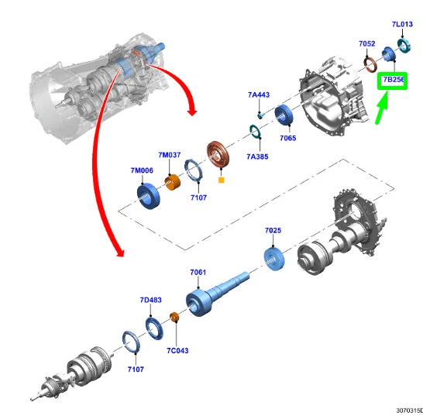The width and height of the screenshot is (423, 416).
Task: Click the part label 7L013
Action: [x=402, y=24]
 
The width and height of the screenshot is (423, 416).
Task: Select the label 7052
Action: [x=367, y=43]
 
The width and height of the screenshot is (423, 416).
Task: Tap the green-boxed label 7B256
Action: [x=394, y=80]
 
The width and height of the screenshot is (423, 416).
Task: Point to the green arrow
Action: [x=382, y=108]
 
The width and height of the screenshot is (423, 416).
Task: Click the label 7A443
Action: [x=259, y=95]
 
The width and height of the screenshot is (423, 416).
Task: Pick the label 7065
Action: [x=288, y=138]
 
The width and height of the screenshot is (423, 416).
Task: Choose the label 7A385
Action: [x=257, y=156]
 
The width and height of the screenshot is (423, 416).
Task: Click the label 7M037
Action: [x=170, y=155]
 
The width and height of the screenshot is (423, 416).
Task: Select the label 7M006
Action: [x=142, y=170]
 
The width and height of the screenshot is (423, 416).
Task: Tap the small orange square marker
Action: [x=222, y=180]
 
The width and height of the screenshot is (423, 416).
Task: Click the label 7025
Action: [x=273, y=230]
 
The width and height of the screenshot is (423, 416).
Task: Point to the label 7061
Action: [x=198, y=272]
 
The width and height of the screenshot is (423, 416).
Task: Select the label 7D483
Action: [x=151, y=300]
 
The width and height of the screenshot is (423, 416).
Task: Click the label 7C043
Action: [x=177, y=350]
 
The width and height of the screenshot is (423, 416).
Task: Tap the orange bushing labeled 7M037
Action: [x=173, y=182]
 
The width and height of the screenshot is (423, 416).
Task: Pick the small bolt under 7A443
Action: [x=260, y=115]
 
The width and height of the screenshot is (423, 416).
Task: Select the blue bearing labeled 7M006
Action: [x=149, y=197]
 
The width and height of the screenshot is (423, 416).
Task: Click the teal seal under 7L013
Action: [x=404, y=46]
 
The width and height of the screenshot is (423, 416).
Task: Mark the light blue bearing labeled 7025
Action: [x=274, y=259]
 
